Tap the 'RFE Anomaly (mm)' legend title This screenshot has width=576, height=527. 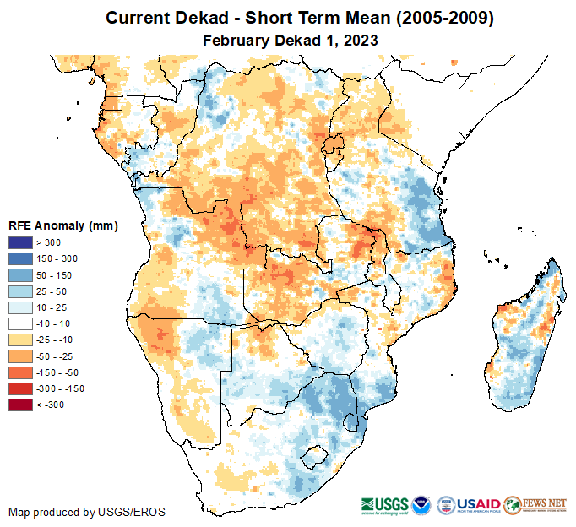pos(63,226)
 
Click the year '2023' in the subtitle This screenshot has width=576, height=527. pos(361,40)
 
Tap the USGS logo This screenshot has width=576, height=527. pos(389,504)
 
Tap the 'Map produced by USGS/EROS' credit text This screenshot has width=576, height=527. pos(87,512)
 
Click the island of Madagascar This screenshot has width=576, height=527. pos(524,338)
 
